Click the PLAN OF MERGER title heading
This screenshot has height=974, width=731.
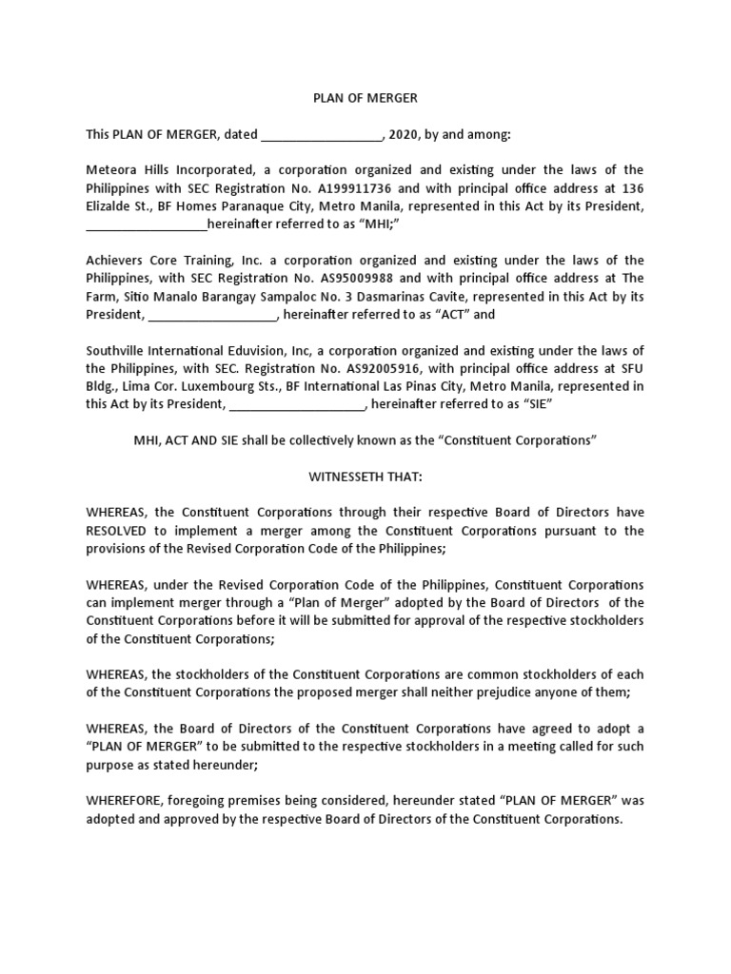pos(365,98)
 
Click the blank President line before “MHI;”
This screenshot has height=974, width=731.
pos(146,225)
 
